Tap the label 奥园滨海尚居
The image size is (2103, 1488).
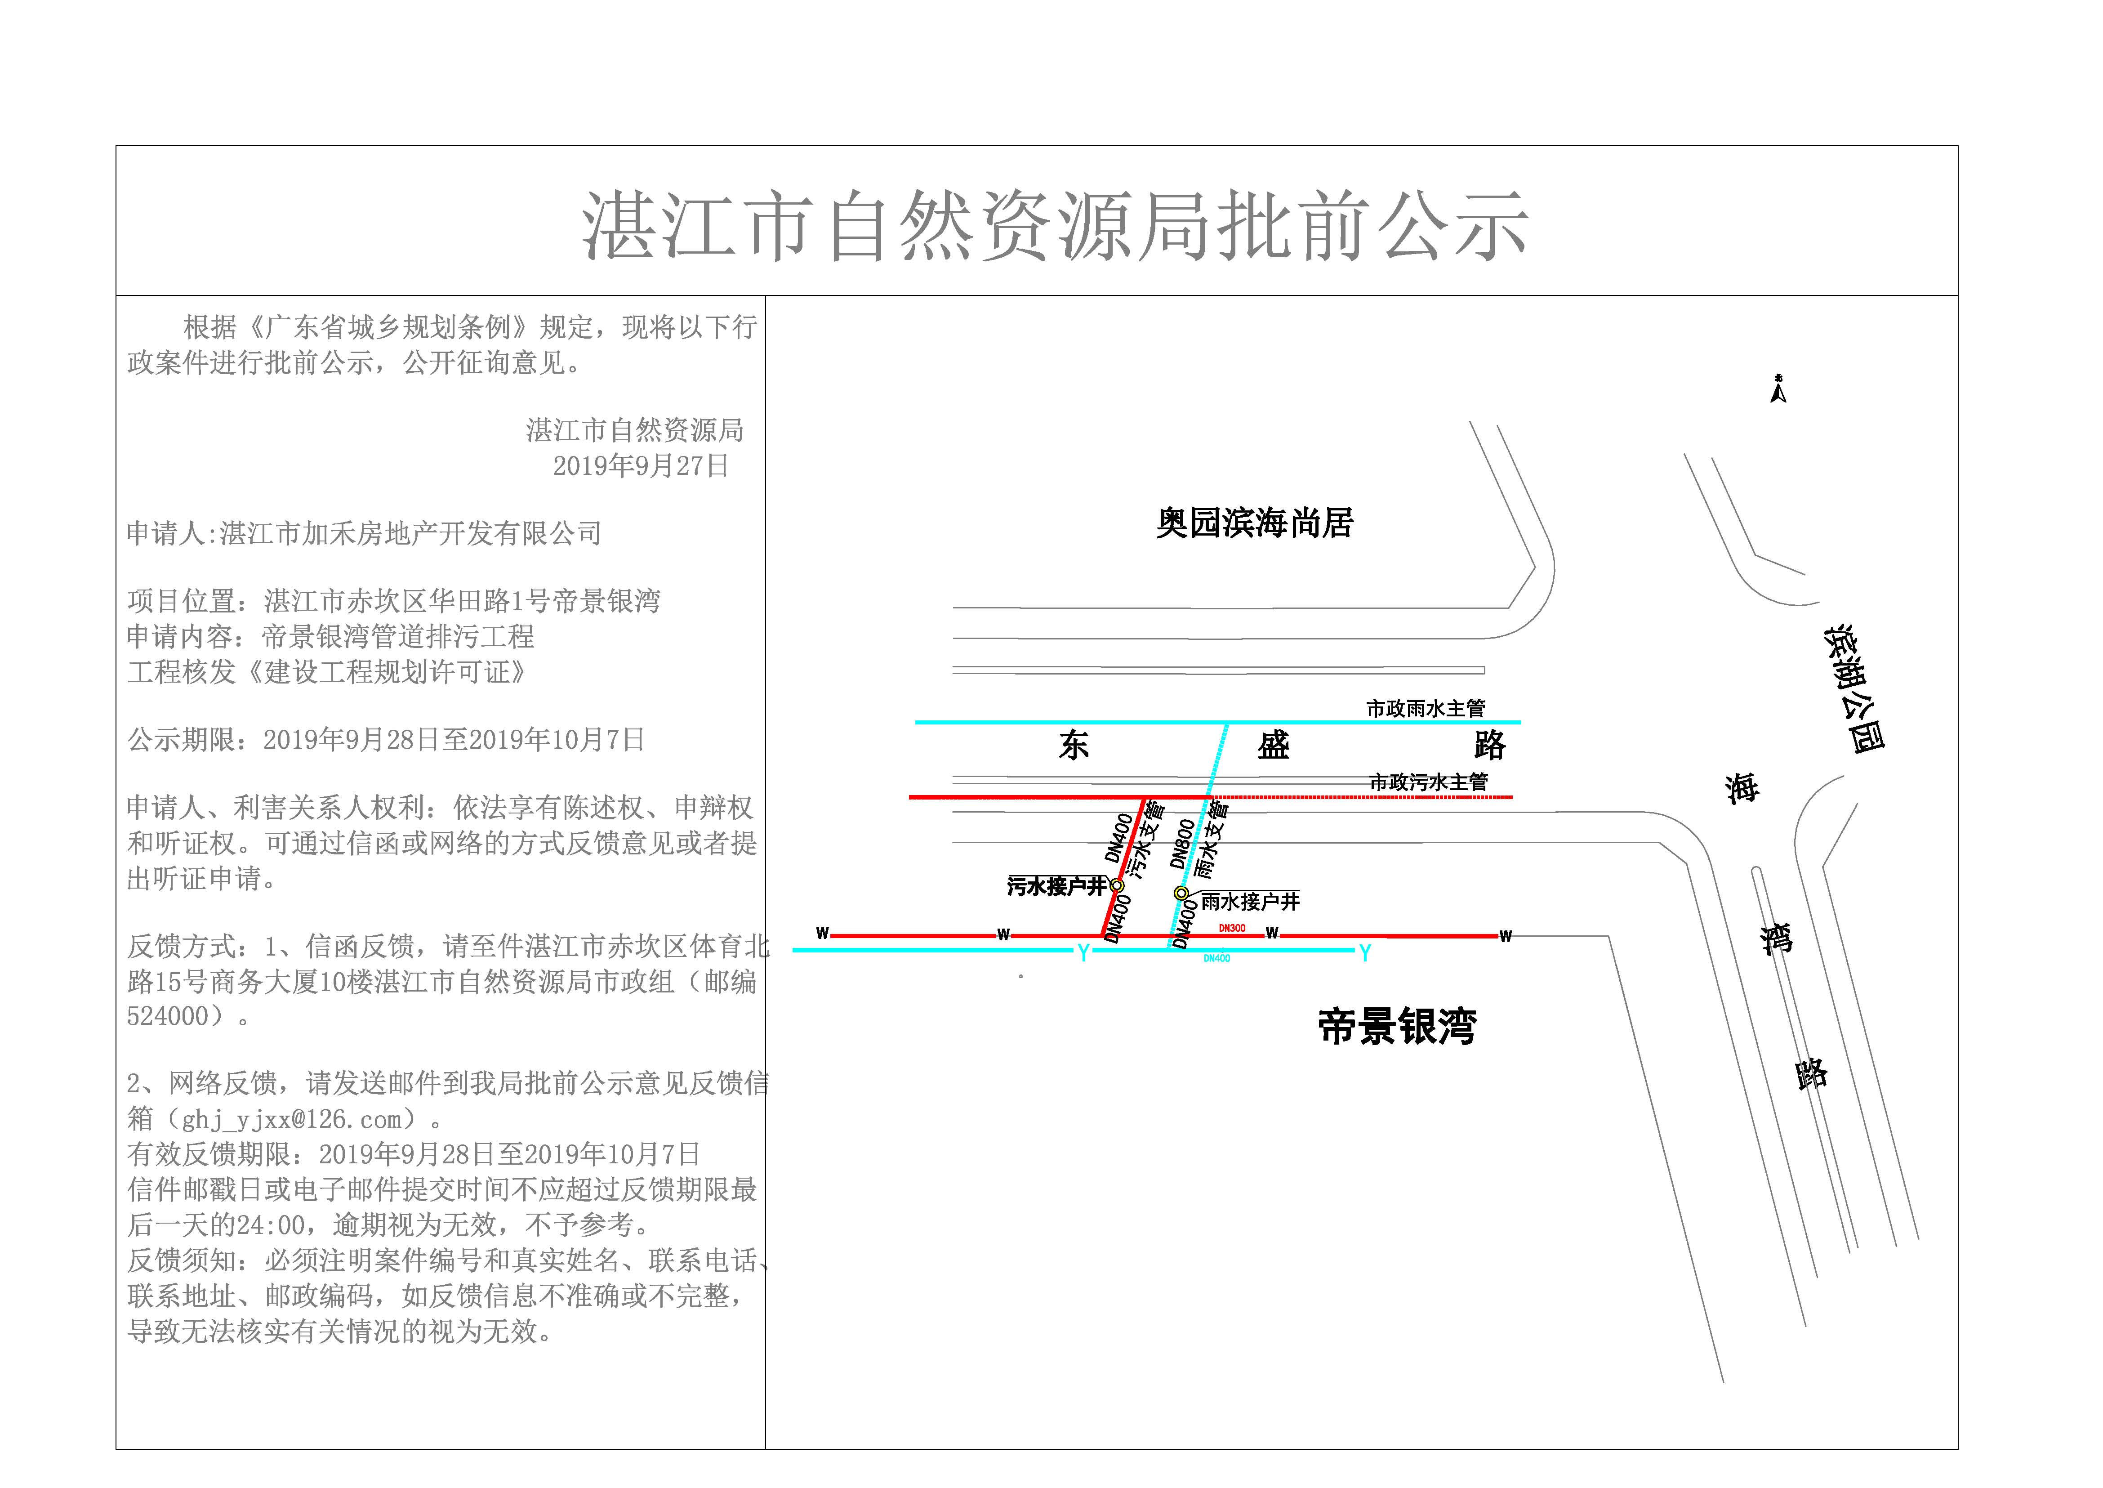click(1254, 523)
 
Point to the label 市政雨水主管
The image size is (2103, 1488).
click(1425, 708)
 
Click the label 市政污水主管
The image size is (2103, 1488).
click(1428, 782)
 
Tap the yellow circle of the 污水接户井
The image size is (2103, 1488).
click(1117, 886)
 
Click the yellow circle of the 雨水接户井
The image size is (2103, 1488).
click(1181, 893)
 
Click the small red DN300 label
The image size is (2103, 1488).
click(1232, 928)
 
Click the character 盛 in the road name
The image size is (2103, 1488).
click(1273, 745)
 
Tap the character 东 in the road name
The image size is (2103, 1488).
click(1074, 745)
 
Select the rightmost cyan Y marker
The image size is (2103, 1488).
click(1365, 953)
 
